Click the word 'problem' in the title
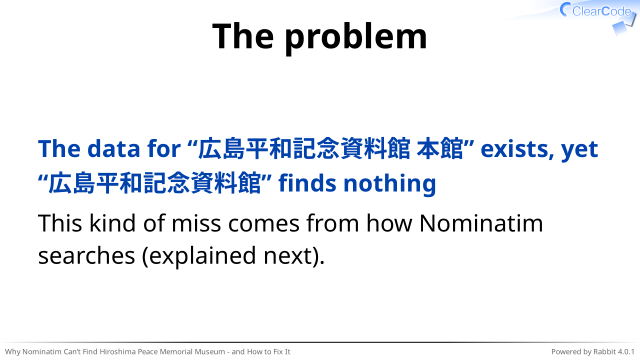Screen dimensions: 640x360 click(356, 38)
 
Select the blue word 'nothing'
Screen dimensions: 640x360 click(390, 183)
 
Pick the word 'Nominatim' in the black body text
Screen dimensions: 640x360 click(481, 224)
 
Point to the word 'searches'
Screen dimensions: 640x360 click(87, 256)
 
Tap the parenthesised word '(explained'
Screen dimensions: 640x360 click(199, 257)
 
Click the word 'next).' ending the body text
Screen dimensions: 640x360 click(294, 257)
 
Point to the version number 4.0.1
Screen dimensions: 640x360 click(626, 352)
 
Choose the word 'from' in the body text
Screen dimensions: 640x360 click(333, 223)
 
